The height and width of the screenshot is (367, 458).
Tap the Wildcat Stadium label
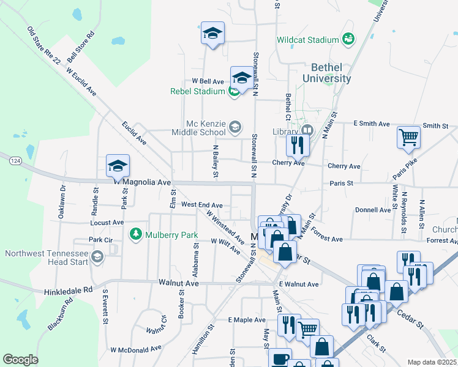tap(307, 40)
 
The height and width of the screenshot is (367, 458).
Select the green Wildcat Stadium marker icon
tap(348, 39)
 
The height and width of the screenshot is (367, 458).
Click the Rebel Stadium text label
tap(198, 92)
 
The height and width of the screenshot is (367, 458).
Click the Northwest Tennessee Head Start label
tap(46, 258)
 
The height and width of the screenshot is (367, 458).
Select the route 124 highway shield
tap(16, 160)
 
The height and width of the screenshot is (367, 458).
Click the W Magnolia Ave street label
tap(142, 182)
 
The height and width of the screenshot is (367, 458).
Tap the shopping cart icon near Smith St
tap(408, 137)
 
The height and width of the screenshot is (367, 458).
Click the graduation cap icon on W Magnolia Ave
tap(118, 165)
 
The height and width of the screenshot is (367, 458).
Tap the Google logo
tap(21, 360)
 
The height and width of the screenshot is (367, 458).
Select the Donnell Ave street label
tap(373, 210)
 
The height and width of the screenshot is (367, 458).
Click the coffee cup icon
tap(281, 358)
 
